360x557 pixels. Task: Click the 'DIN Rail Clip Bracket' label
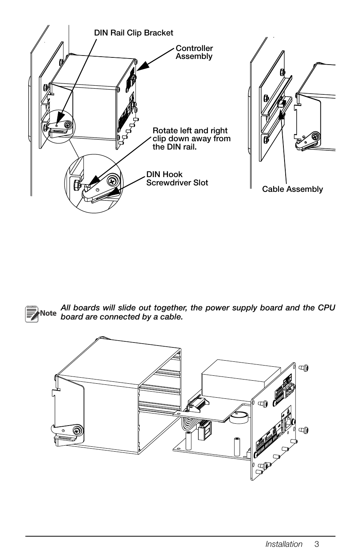[134, 33]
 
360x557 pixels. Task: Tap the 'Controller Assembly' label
[194, 52]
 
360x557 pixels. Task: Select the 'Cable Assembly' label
[292, 189]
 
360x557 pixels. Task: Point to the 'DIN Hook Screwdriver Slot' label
[177, 178]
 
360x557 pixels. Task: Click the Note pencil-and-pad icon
[32, 313]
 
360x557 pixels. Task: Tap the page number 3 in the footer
[317, 544]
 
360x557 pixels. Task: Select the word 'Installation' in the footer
[284, 544]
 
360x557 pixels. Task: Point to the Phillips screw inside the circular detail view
[112, 181]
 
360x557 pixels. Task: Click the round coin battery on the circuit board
[239, 416]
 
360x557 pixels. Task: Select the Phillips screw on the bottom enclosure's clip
[77, 430]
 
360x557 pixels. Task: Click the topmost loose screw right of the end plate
[303, 367]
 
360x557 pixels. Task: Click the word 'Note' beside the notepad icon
[48, 313]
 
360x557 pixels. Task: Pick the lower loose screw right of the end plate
[303, 430]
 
